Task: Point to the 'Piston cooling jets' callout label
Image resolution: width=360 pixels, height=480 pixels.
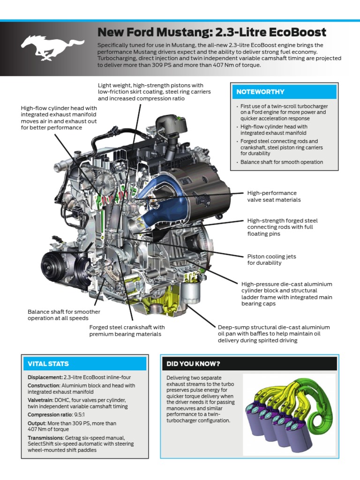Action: [x=271, y=260]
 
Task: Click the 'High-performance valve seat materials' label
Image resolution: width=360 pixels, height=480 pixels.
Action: [x=274, y=196]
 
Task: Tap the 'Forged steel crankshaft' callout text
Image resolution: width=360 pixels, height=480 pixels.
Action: [x=127, y=330]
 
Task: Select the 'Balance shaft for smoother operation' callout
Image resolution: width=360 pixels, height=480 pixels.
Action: [x=64, y=315]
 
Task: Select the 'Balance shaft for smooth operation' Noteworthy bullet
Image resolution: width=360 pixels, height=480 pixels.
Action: [x=282, y=162]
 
